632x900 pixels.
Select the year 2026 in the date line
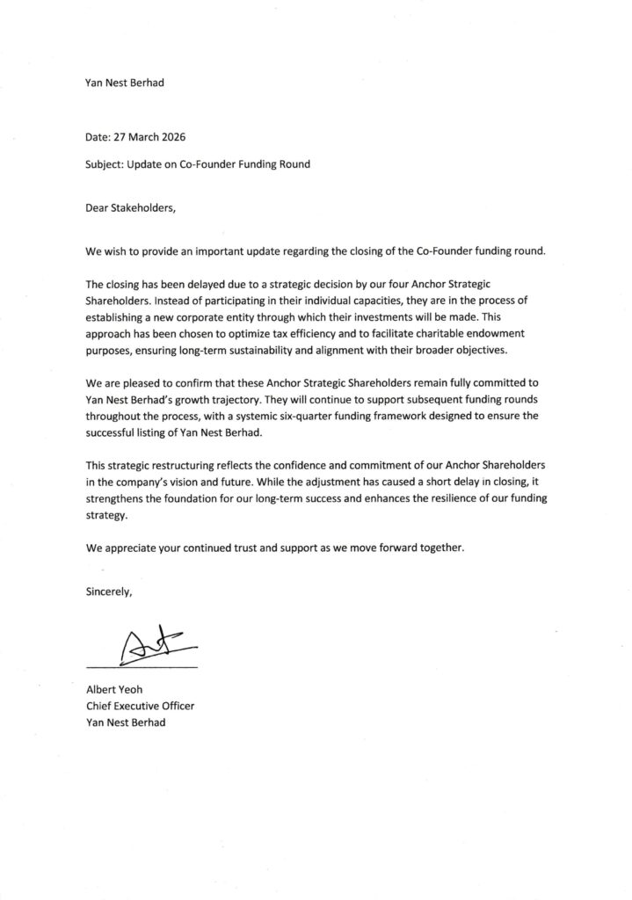[170, 138]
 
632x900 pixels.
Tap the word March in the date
[138, 138]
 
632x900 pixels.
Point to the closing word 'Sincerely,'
[109, 592]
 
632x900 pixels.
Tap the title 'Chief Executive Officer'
[140, 705]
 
